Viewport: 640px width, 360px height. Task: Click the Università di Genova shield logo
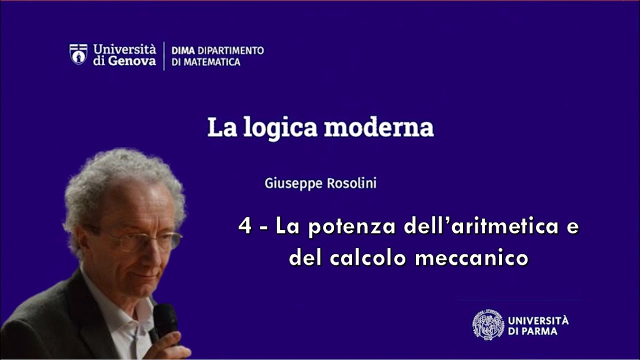78,54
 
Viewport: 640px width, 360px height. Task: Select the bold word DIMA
183,50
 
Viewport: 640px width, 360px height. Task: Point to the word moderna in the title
378,127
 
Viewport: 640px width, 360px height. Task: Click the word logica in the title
280,128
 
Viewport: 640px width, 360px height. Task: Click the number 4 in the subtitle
244,226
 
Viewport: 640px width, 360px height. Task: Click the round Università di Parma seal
488,324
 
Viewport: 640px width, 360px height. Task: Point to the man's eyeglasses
145,240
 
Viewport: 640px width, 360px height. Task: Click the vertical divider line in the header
164,56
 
